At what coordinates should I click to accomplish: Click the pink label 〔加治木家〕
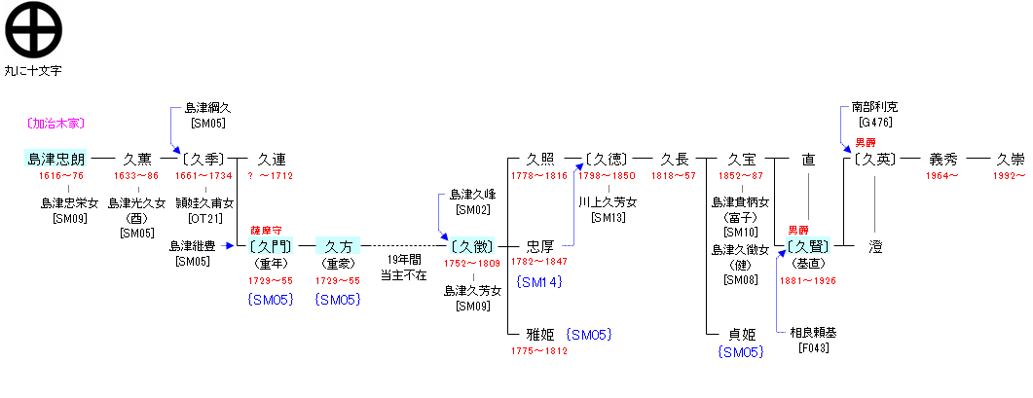55,124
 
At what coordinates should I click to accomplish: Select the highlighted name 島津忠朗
55,159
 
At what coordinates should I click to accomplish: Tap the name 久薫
136,159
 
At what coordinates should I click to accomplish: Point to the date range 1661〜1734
203,176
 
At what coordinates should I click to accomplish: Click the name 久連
272,159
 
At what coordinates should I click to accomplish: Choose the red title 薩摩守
266,230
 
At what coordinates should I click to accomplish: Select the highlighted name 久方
338,246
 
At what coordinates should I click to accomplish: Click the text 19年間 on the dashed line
403,260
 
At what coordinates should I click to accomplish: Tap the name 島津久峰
472,195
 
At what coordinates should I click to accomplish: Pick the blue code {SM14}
538,282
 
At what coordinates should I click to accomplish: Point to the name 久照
540,159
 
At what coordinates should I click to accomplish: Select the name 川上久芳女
608,202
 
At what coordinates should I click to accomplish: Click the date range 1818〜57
674,176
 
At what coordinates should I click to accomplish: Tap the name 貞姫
742,334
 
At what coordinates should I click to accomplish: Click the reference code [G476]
868,122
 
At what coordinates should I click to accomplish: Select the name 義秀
943,159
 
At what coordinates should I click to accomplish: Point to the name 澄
875,246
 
